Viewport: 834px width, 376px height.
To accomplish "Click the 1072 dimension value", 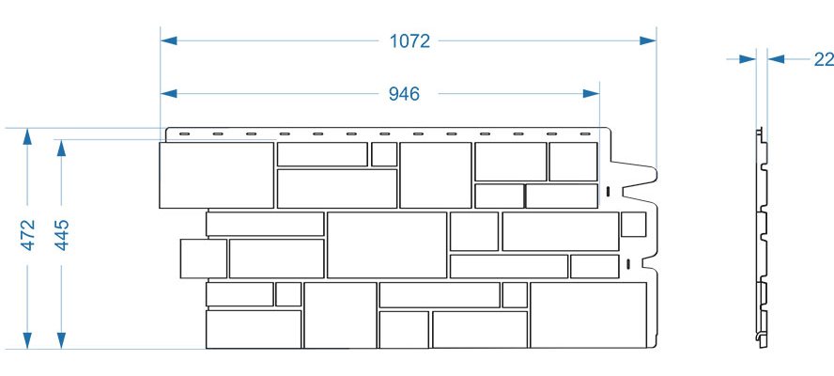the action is click(x=409, y=41).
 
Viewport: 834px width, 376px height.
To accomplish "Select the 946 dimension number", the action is click(x=404, y=94).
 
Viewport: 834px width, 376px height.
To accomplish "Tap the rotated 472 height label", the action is click(x=27, y=234).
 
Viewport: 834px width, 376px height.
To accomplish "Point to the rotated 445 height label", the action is click(x=62, y=234).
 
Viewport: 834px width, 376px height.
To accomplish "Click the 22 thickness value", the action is click(x=824, y=59).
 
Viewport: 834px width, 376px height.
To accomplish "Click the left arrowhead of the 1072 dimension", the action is click(x=169, y=40).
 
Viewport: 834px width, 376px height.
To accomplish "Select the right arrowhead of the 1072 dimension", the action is click(x=648, y=40).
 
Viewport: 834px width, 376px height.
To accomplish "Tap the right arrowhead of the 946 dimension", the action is click(x=592, y=94).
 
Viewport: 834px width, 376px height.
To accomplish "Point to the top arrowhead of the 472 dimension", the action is click(x=27, y=136).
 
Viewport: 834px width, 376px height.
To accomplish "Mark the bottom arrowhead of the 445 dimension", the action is click(x=62, y=341).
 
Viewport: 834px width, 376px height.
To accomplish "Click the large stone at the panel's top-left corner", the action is click(x=216, y=175).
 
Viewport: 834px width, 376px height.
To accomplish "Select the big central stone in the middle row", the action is click(x=387, y=245).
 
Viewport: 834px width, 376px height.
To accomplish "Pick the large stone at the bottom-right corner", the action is click(x=588, y=315).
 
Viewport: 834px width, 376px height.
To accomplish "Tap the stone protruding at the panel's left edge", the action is click(x=204, y=258).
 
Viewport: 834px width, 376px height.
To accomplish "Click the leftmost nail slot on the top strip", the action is click(x=184, y=133).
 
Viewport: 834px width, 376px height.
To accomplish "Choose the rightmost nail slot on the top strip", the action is click(x=585, y=133).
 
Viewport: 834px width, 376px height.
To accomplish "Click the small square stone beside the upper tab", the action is click(x=633, y=225).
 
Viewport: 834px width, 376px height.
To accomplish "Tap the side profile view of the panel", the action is click(x=762, y=238).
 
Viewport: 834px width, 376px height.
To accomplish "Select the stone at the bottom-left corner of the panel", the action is click(x=254, y=330).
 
